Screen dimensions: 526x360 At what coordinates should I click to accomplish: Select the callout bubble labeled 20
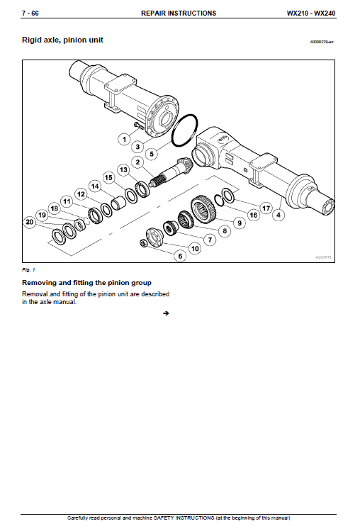click(x=29, y=223)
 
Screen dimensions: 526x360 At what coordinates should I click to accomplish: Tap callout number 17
click(x=266, y=208)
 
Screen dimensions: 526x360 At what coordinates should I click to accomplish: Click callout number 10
click(x=195, y=249)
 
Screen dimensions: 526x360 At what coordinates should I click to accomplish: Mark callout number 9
click(x=239, y=223)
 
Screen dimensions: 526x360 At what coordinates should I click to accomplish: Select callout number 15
click(x=108, y=177)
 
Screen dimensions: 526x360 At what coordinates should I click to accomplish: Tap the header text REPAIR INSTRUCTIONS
click(x=179, y=13)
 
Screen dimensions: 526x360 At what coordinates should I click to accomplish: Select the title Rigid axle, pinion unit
click(x=62, y=40)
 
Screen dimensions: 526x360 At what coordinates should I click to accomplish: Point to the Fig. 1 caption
click(x=28, y=270)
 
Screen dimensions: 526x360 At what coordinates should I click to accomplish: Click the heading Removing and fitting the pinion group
click(x=86, y=282)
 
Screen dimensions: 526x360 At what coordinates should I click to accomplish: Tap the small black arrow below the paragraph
click(x=164, y=313)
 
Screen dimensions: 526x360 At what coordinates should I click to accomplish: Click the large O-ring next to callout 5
click(x=186, y=132)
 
